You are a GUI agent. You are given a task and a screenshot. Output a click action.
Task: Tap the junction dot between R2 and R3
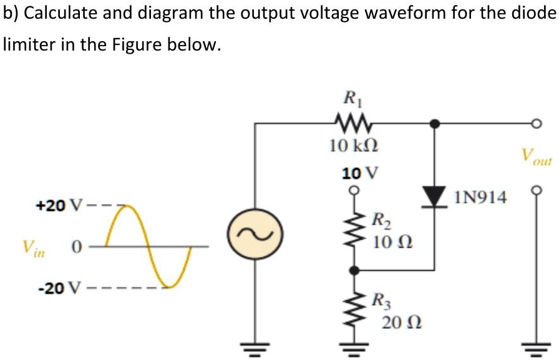point(354,271)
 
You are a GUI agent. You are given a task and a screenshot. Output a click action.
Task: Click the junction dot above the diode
point(436,124)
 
